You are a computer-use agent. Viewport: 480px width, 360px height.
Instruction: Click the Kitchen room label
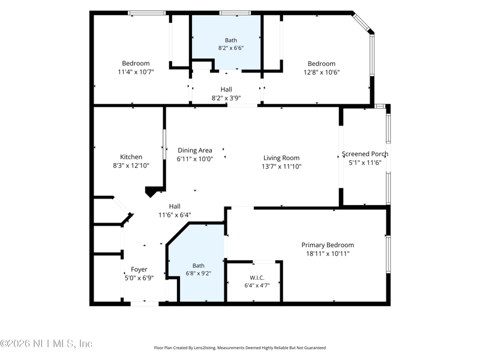[x=131, y=157]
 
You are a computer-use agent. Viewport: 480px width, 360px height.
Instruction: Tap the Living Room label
[x=281, y=158]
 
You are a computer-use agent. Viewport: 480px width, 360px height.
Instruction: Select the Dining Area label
[x=195, y=151]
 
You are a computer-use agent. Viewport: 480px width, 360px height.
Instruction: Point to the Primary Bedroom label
[x=328, y=245]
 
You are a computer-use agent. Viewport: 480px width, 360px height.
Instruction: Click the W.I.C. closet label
[x=257, y=278]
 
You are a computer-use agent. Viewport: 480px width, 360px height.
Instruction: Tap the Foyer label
[x=139, y=269]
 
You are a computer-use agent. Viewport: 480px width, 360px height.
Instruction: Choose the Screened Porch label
[x=365, y=154]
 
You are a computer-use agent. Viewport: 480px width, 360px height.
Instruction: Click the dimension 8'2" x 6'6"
[x=231, y=48]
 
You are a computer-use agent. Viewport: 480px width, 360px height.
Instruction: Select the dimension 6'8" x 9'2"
[x=199, y=274]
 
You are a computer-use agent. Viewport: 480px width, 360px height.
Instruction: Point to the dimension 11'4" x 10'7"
[x=136, y=72]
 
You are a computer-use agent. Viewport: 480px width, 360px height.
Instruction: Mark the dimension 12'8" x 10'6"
[x=322, y=72]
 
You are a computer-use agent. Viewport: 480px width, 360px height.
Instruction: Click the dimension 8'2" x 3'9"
[x=226, y=98]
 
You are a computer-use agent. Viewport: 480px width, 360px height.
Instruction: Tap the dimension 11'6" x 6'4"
[x=175, y=215]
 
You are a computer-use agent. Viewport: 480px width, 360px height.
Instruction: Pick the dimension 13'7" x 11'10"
[x=281, y=167]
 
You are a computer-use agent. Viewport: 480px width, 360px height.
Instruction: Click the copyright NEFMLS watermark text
[x=46, y=343]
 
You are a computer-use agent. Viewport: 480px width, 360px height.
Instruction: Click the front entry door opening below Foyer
[x=145, y=304]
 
